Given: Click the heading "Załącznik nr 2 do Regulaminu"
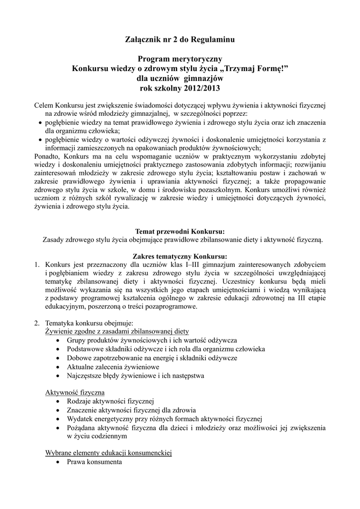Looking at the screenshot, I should pos(180,39).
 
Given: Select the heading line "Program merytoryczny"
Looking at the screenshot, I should pos(180,59).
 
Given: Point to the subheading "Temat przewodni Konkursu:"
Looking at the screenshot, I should pos(180,232).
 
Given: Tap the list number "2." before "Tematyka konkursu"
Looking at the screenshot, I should pos(37,323).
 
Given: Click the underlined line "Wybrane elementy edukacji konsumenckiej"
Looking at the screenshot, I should pos(108,453).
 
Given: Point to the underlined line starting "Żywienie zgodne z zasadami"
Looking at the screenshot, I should pos(117,332).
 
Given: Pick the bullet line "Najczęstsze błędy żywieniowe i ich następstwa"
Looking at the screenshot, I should pos(135,375).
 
